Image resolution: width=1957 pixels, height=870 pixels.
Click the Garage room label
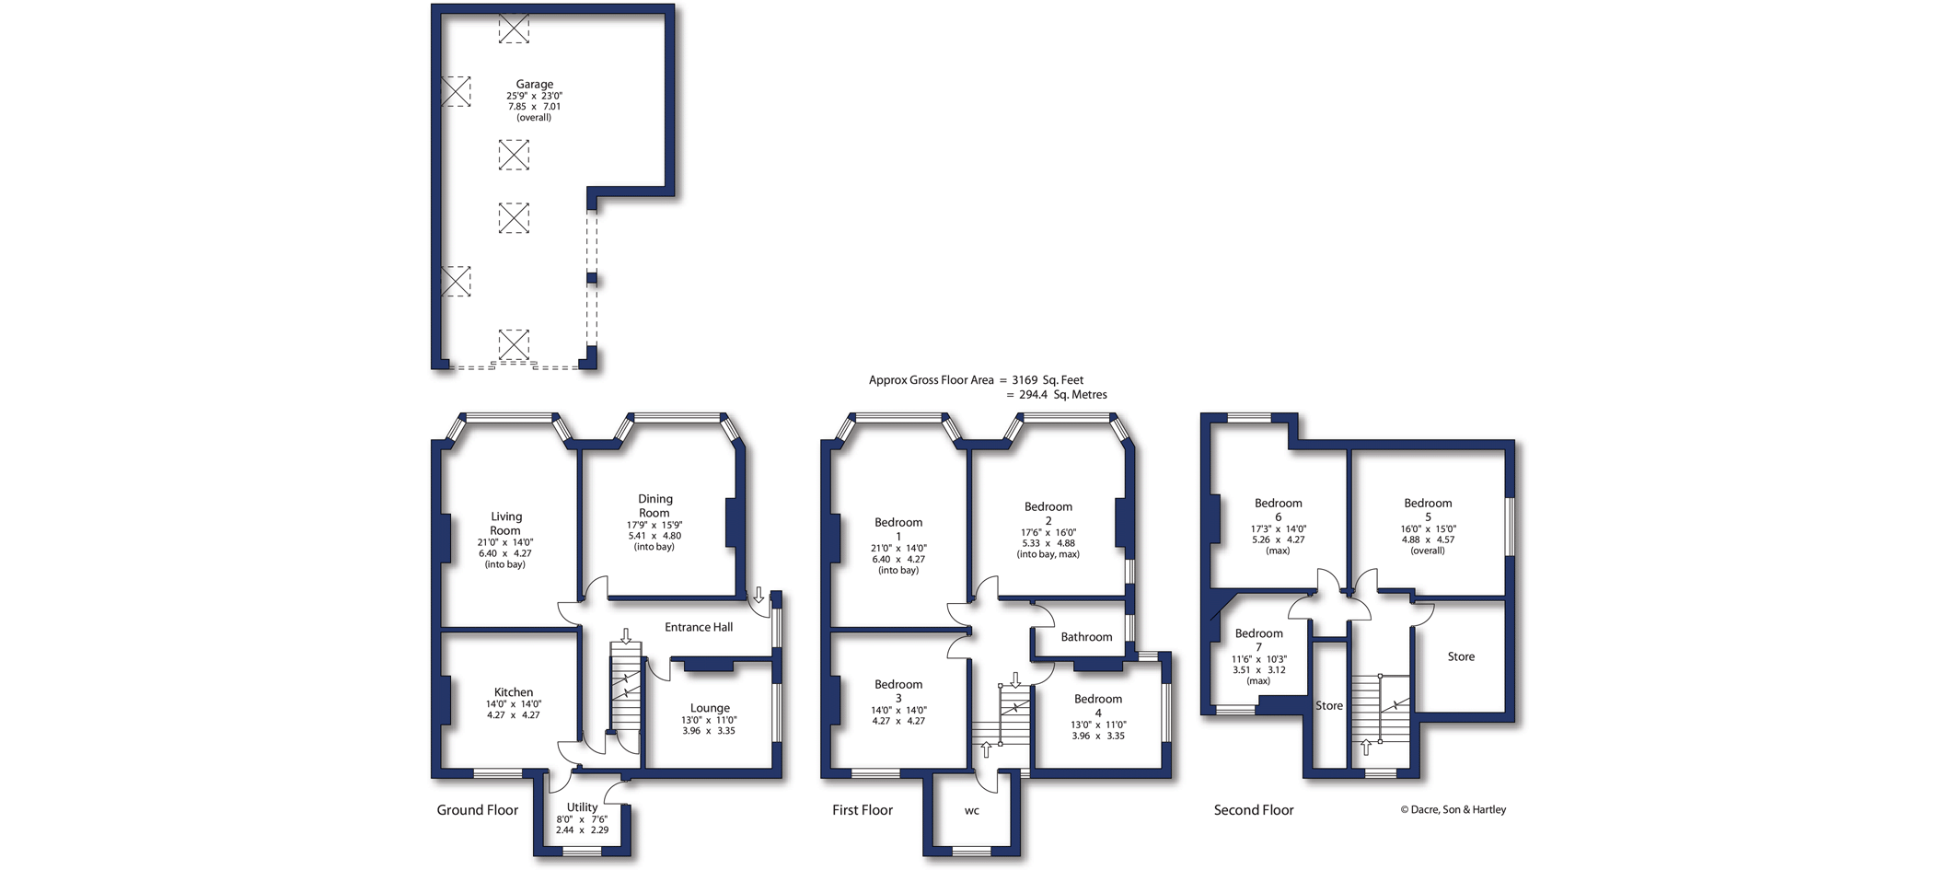(534, 84)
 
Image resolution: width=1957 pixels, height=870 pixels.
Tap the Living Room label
(505, 523)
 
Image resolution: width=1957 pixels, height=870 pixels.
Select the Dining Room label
(654, 505)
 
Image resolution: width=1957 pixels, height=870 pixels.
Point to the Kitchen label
(514, 692)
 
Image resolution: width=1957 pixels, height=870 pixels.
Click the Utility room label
(582, 807)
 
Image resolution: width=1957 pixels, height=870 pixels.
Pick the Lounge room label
(710, 708)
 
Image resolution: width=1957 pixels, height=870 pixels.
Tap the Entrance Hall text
(699, 627)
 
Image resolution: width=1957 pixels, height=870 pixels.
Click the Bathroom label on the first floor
(1086, 637)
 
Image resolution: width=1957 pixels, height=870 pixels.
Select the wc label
(972, 811)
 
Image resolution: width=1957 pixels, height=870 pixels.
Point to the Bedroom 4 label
(1098, 705)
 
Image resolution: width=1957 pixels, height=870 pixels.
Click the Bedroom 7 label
(1258, 640)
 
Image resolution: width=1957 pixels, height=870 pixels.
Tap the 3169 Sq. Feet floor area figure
(1048, 379)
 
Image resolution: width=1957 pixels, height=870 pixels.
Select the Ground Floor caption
(477, 810)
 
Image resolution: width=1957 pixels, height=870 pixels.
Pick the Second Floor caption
(1254, 810)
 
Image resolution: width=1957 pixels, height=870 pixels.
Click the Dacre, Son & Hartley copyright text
(1453, 810)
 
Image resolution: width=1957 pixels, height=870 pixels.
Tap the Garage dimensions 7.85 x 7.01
(534, 107)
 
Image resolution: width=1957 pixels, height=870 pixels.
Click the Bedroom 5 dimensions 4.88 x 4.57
(1428, 539)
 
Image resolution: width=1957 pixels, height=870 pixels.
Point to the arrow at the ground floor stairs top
(626, 636)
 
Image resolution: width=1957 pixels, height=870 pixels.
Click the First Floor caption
(863, 810)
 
